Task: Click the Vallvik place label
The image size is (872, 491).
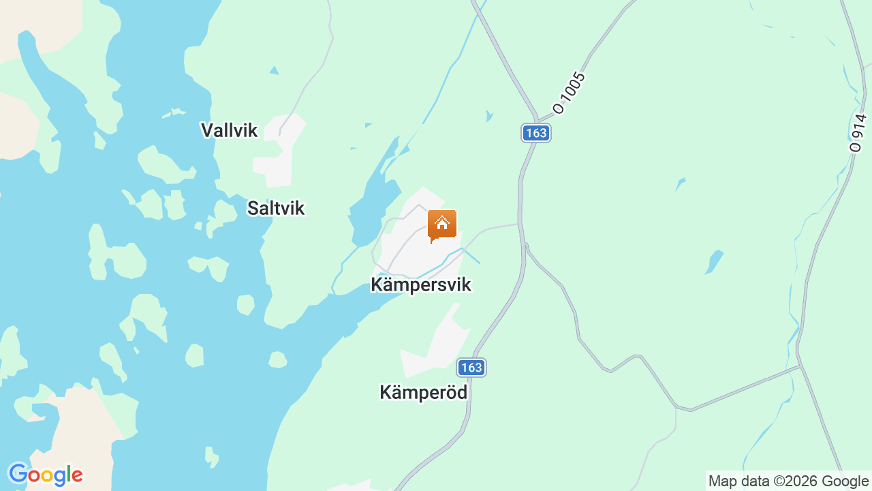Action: (229, 130)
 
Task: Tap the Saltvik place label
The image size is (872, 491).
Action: (276, 208)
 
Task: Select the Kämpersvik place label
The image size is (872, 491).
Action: (420, 284)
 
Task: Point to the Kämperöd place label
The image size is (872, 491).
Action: (423, 392)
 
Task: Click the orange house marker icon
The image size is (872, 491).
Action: (441, 225)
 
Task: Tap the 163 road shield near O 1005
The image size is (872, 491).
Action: (536, 133)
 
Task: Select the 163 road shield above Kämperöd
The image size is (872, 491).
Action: (471, 368)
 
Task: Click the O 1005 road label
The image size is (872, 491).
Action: (570, 93)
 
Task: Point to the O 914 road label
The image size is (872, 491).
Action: (858, 132)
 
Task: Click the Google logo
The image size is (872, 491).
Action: (45, 475)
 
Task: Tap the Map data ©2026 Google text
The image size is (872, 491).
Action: (788, 481)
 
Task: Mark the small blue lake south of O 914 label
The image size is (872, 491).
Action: (714, 262)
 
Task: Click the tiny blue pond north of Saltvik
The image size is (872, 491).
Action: (274, 70)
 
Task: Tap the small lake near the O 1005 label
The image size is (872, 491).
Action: (489, 116)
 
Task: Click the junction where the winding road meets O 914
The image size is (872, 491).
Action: (800, 366)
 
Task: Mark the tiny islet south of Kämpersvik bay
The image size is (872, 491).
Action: (277, 359)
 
